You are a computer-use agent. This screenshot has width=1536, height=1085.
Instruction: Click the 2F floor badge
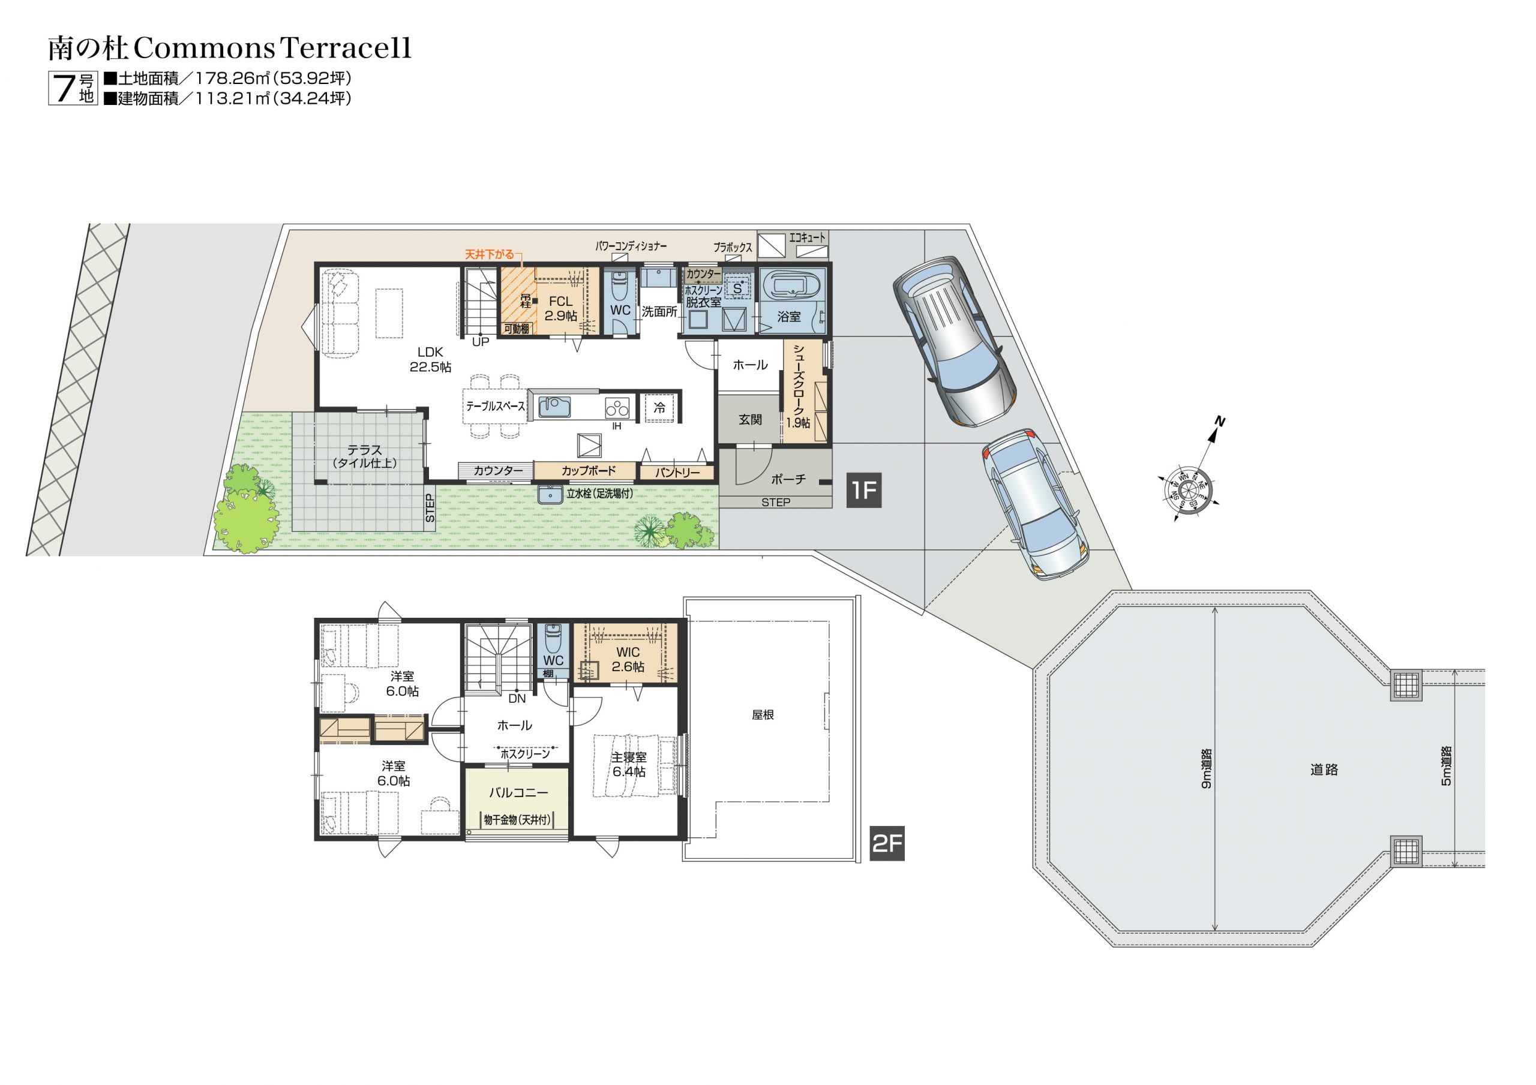(887, 843)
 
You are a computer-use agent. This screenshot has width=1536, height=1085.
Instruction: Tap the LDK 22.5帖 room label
(430, 359)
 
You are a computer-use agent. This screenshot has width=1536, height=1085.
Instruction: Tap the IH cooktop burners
(617, 407)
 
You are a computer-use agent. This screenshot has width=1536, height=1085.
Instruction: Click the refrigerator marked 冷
(659, 407)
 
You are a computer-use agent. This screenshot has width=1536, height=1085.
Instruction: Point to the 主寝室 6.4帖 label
(629, 765)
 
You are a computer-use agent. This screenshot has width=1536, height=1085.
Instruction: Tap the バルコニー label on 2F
(518, 793)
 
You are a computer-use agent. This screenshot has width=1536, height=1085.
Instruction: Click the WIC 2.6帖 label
(628, 660)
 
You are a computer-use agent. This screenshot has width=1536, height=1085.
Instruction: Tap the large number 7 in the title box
(64, 88)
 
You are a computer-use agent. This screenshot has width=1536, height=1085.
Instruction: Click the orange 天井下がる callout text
(490, 254)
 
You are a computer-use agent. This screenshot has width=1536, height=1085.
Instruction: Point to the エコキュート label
(808, 238)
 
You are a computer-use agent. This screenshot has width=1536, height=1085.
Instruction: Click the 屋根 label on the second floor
(763, 715)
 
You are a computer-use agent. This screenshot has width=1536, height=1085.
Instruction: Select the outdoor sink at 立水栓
(551, 494)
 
